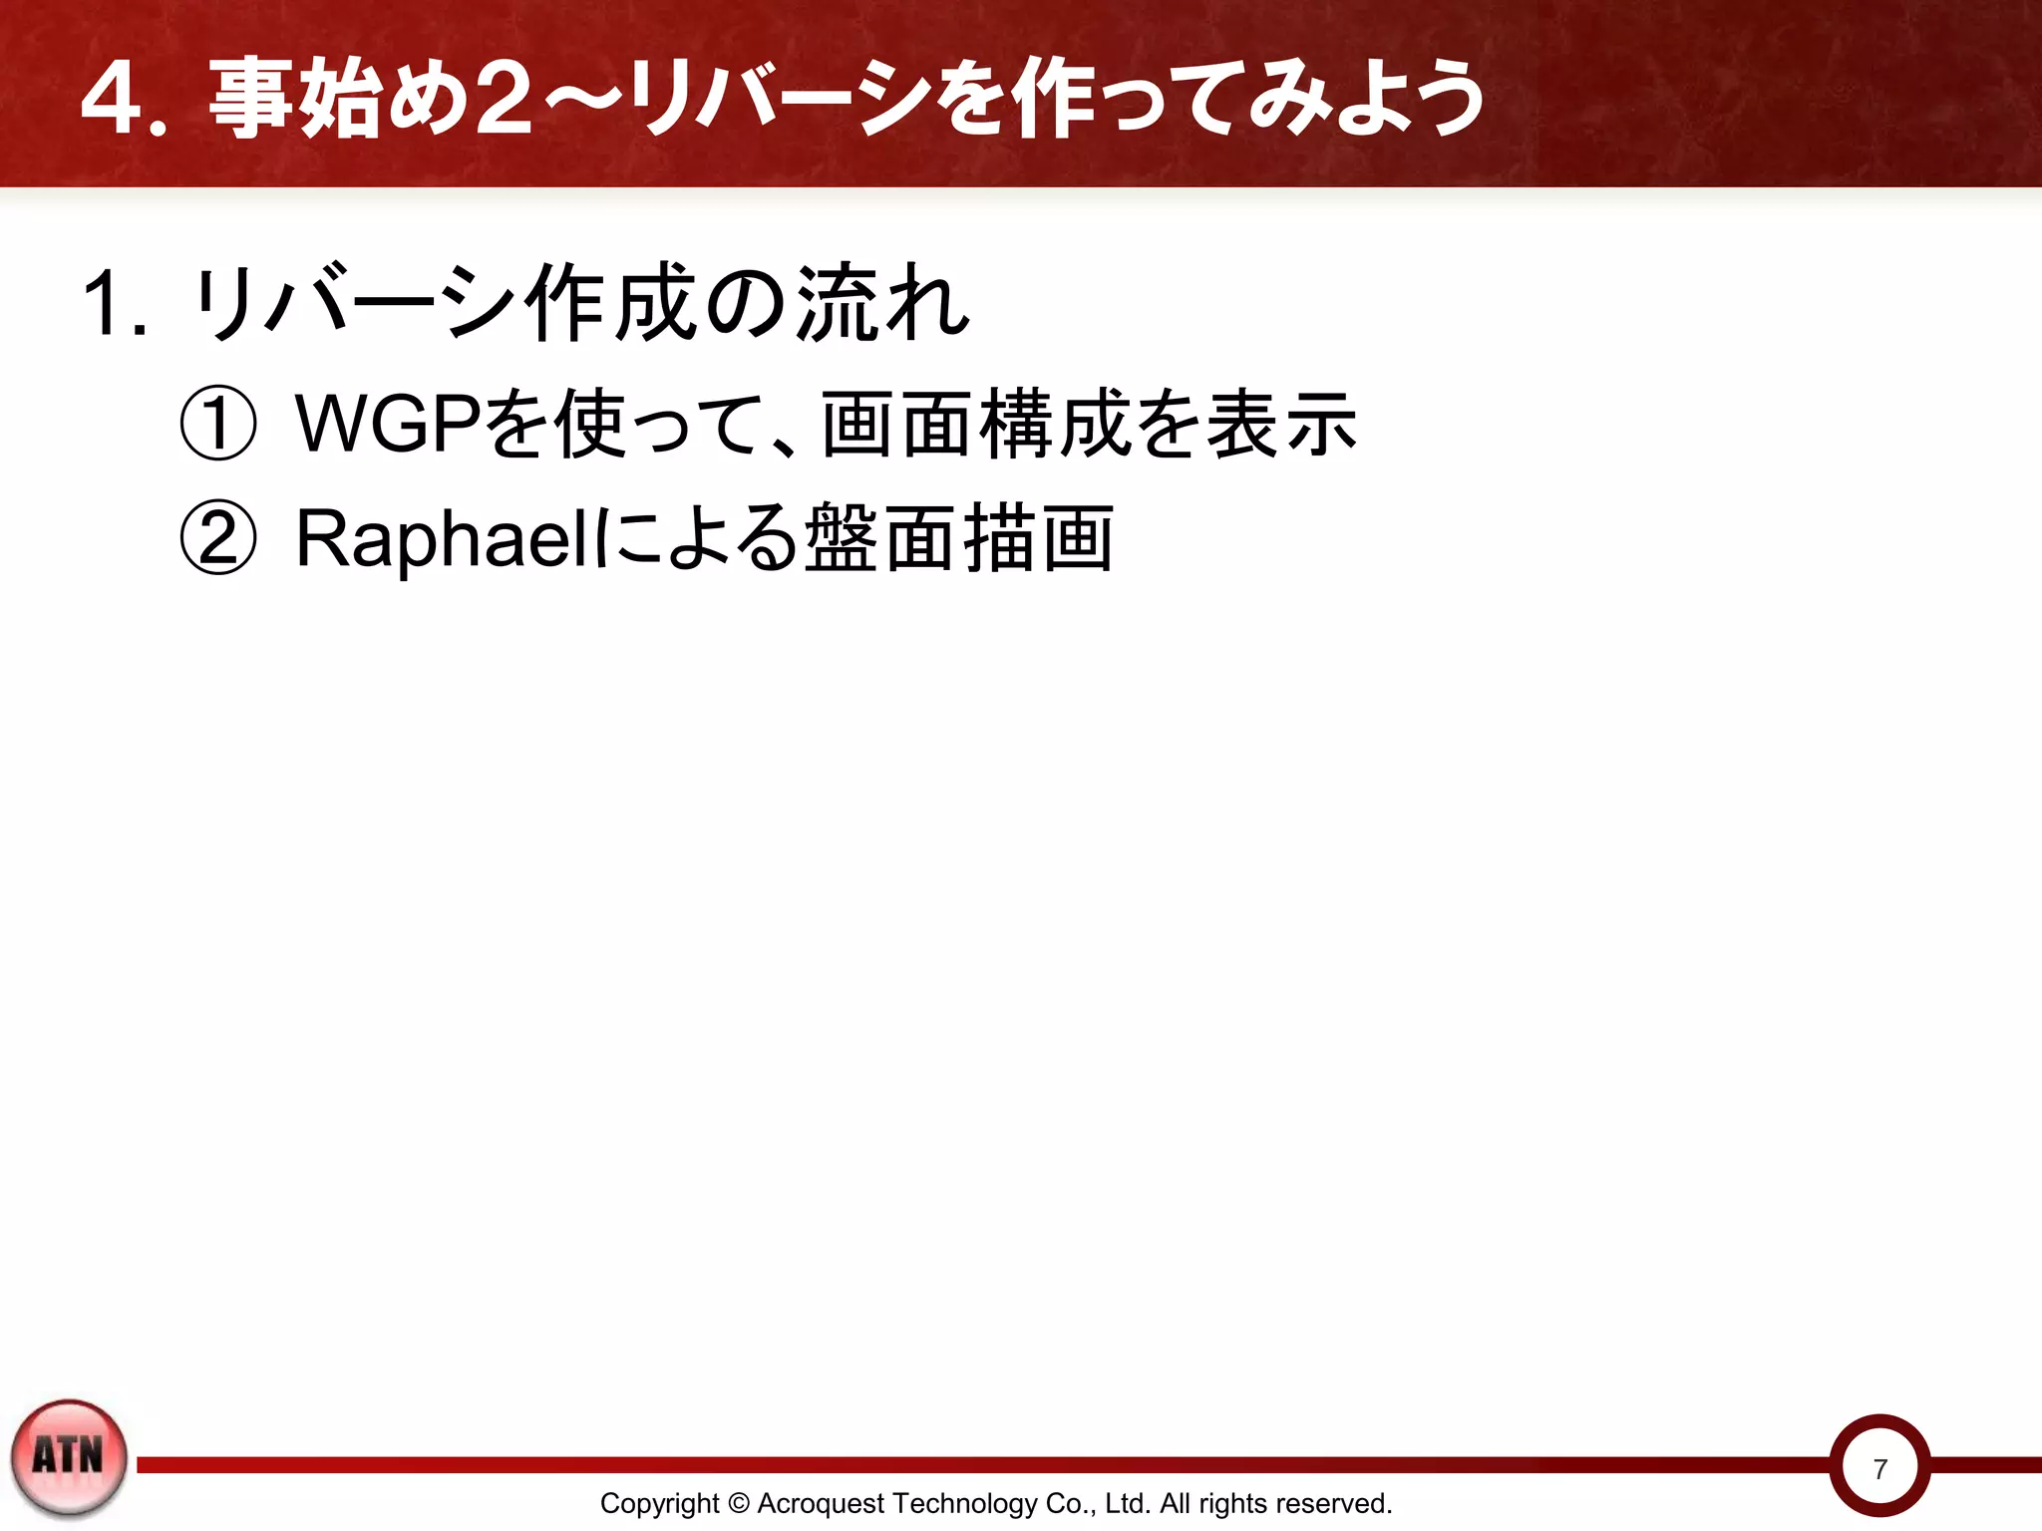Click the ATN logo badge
click(x=69, y=1457)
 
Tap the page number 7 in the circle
click(x=1879, y=1469)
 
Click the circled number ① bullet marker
click(x=217, y=425)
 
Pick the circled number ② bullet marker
click(x=217, y=539)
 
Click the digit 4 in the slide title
click(x=111, y=100)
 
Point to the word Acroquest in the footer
click(x=822, y=1503)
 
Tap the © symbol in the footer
click(x=738, y=1503)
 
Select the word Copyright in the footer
click(x=659, y=1503)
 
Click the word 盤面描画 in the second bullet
click(x=959, y=539)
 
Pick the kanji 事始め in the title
click(x=339, y=100)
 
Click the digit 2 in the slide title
click(x=504, y=100)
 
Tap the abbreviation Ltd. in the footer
click(x=1128, y=1503)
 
